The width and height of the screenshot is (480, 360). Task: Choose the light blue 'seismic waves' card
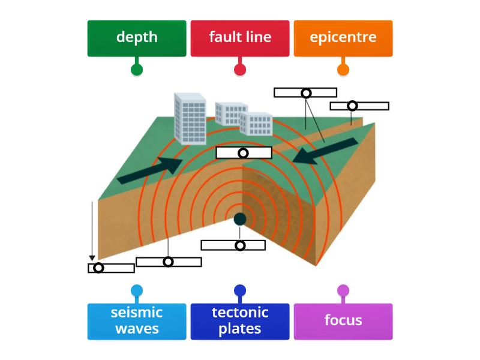tap(137, 321)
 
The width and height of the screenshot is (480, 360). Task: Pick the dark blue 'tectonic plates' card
tap(240, 321)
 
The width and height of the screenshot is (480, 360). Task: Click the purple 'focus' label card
tap(343, 321)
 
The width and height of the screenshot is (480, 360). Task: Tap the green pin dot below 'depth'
tap(137, 70)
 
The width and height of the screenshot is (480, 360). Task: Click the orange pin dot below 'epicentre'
tap(343, 70)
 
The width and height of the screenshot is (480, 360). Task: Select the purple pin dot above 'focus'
tap(343, 291)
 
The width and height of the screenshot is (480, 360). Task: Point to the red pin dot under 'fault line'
tap(240, 70)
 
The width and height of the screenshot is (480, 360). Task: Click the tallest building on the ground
tap(190, 119)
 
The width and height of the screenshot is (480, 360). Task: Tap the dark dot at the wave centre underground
tap(240, 219)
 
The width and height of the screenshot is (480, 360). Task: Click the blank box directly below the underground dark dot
tap(233, 245)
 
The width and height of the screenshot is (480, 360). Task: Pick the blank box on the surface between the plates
tap(244, 153)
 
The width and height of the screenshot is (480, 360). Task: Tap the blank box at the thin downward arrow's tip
tap(111, 268)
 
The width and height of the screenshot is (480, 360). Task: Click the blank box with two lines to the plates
tap(305, 92)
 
